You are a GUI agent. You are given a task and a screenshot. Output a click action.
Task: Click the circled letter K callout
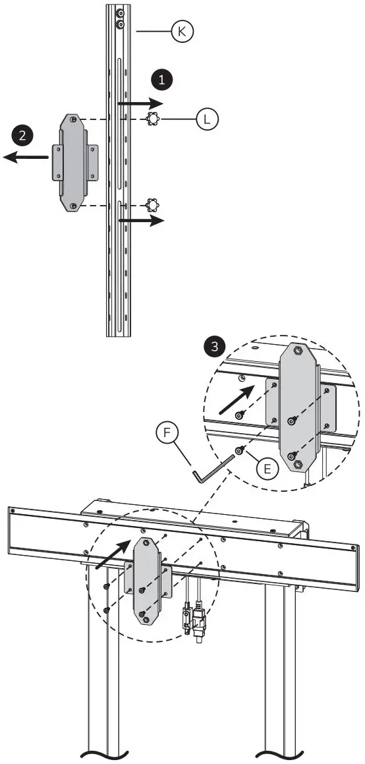pos(182,30)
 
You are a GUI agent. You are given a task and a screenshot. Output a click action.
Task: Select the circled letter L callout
pos(206,119)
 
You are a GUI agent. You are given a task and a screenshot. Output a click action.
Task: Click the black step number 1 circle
pos(162,80)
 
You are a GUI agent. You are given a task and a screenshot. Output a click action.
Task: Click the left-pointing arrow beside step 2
pos(26,158)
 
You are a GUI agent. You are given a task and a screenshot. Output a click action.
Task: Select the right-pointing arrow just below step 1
pos(140,103)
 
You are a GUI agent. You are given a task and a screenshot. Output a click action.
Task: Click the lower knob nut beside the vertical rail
pos(152,205)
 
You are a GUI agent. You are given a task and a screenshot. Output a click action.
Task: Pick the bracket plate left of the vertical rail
pos(74,162)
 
